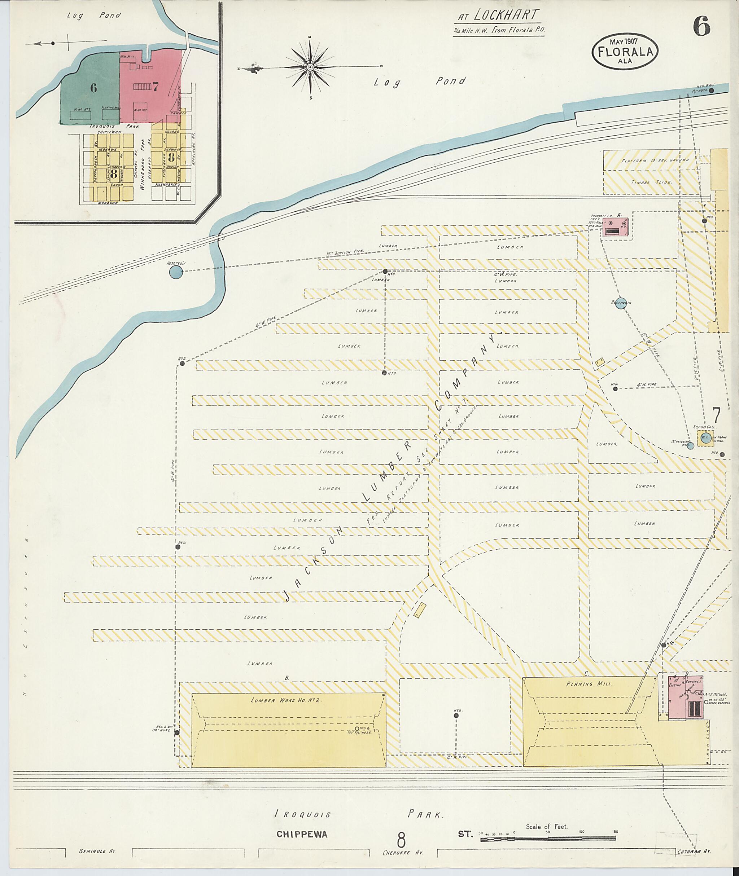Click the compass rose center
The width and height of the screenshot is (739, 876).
coord(310,67)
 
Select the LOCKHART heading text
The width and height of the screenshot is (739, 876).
coord(505,15)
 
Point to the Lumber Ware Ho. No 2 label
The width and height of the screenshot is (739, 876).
coord(285,700)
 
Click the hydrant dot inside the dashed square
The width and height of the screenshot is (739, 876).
coord(456,716)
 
